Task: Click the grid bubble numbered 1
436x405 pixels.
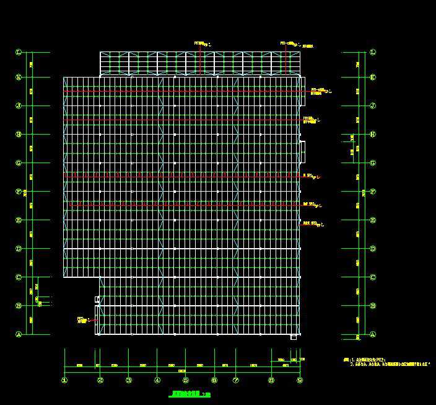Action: click(x=64, y=380)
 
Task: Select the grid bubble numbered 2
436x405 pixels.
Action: click(x=100, y=380)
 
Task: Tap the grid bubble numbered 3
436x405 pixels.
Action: click(x=129, y=380)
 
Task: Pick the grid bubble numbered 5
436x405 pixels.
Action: click(x=186, y=380)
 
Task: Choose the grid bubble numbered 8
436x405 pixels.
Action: click(x=271, y=380)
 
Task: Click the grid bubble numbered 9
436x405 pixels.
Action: click(x=300, y=380)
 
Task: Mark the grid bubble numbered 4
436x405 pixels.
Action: click(x=157, y=380)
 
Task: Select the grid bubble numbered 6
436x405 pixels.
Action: click(x=214, y=380)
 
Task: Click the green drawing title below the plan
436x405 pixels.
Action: click(x=190, y=394)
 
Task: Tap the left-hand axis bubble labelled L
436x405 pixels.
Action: click(x=19, y=53)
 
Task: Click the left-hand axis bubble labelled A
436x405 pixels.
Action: click(x=19, y=334)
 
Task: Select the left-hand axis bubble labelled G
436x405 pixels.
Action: click(x=19, y=163)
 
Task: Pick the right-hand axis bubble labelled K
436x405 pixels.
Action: click(x=373, y=78)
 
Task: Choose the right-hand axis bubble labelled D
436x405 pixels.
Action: click(x=373, y=249)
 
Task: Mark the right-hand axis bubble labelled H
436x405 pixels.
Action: click(x=373, y=134)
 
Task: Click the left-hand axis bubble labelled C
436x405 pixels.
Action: click(x=19, y=277)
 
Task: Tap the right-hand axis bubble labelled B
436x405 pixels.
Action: click(x=373, y=306)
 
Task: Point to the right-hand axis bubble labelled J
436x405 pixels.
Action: click(x=373, y=105)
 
